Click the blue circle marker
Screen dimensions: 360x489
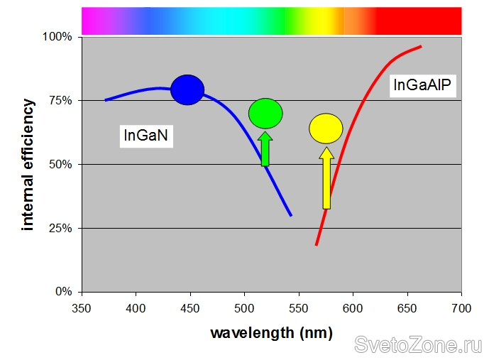(x=187, y=89)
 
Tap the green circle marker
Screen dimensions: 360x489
(x=265, y=114)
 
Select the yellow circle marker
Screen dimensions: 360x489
(x=326, y=129)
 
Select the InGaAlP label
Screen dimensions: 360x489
(x=423, y=86)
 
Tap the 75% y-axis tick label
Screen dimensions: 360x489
(x=60, y=100)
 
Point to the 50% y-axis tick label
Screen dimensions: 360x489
(x=60, y=164)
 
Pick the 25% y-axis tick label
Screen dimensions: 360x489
(x=60, y=228)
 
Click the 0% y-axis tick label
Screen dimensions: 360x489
(x=62, y=292)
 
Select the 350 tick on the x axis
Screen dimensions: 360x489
(x=82, y=307)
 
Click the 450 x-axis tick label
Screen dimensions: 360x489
(x=190, y=307)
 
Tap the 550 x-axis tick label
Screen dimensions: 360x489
(x=299, y=307)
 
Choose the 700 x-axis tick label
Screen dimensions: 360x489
(x=461, y=307)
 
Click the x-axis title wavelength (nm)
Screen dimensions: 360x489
(x=271, y=332)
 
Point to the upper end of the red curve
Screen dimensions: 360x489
(x=420, y=47)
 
